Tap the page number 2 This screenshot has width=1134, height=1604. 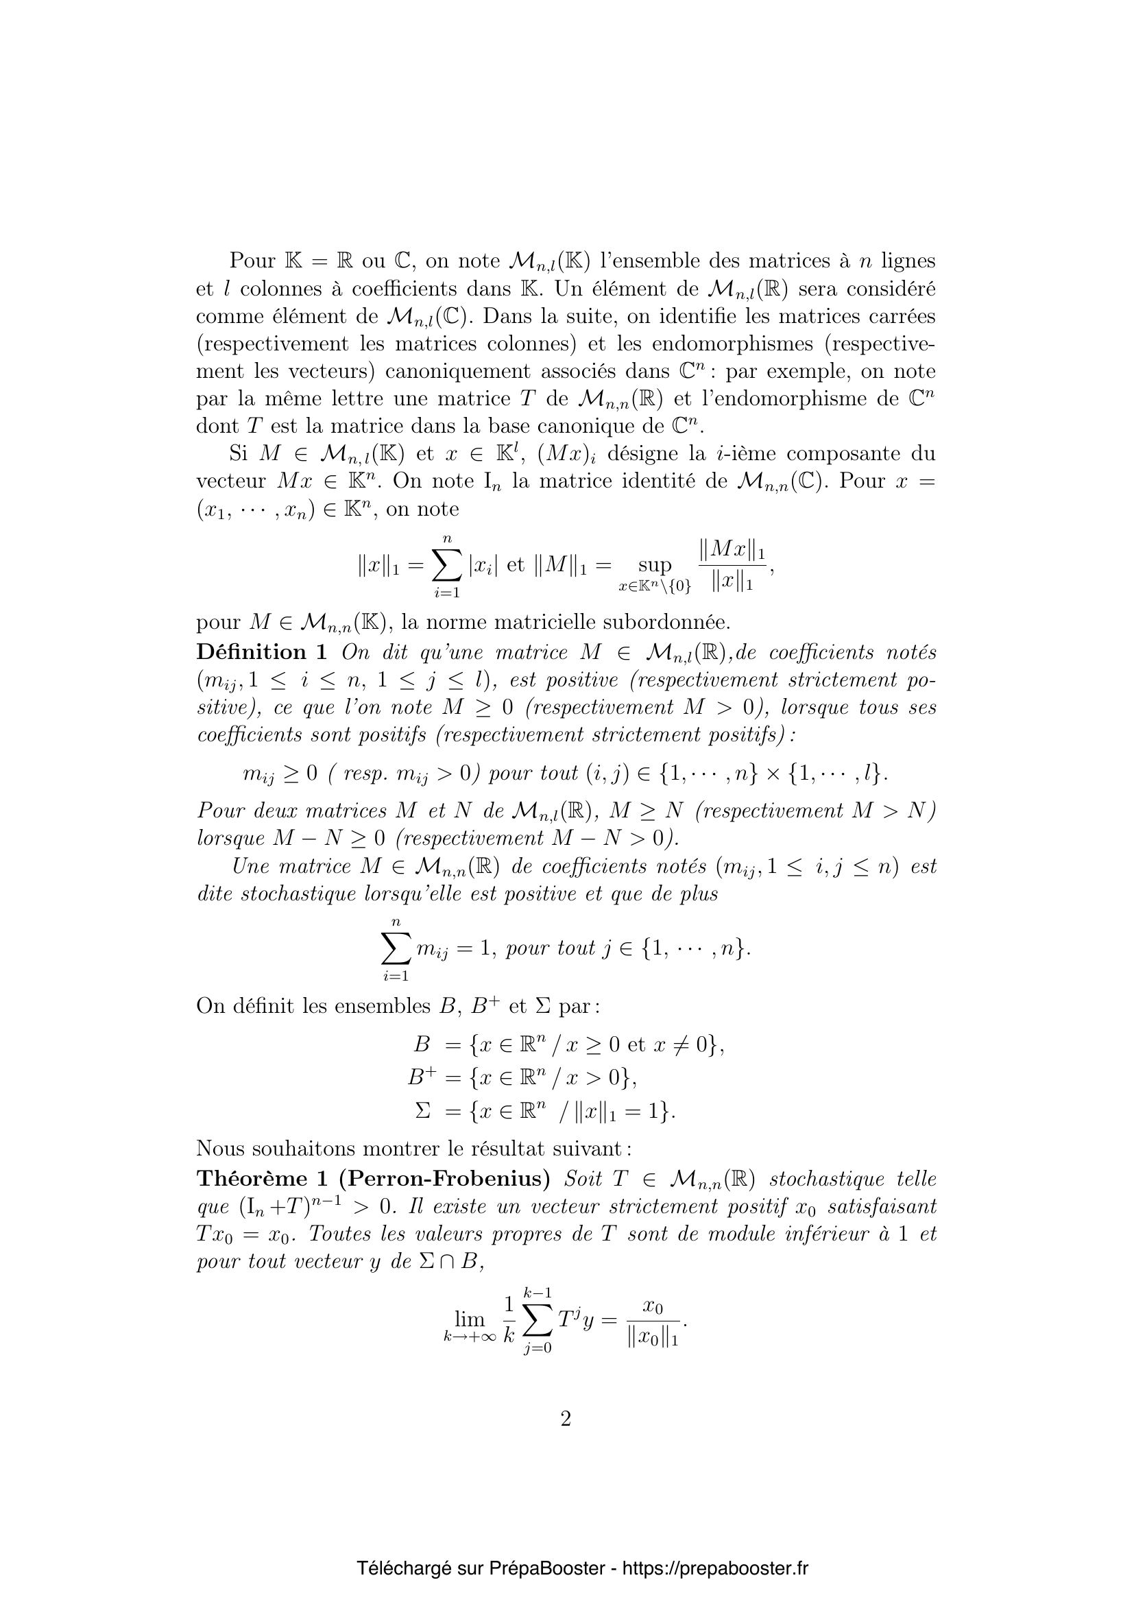(566, 1420)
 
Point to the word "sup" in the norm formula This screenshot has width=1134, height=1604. (654, 564)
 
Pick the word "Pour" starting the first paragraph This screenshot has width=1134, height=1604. (253, 261)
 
